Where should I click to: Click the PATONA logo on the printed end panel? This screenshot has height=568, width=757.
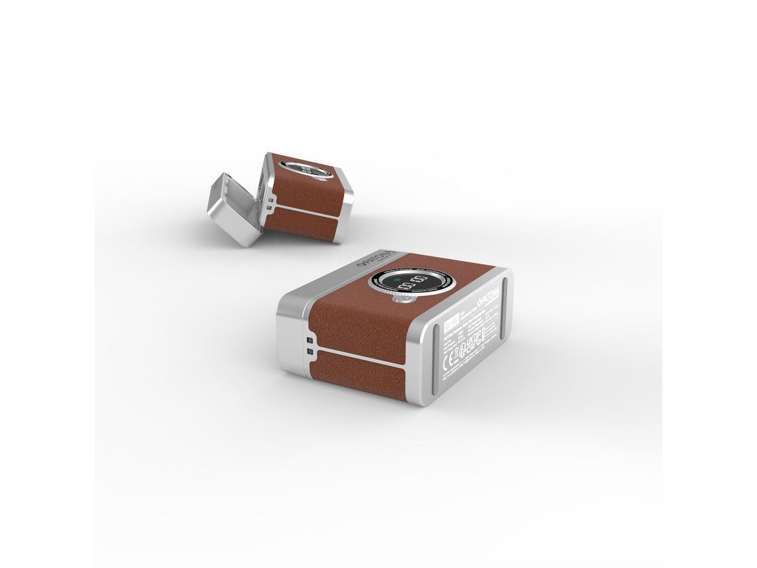[489, 298]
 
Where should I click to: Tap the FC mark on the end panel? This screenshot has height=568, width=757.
[478, 341]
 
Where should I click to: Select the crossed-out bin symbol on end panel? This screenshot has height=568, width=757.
[456, 358]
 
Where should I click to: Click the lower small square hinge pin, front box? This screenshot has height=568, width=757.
[310, 352]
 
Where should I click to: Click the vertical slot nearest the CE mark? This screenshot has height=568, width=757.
[436, 359]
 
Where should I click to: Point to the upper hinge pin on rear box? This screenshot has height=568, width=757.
[271, 200]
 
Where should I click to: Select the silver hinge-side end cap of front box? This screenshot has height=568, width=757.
[291, 341]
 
